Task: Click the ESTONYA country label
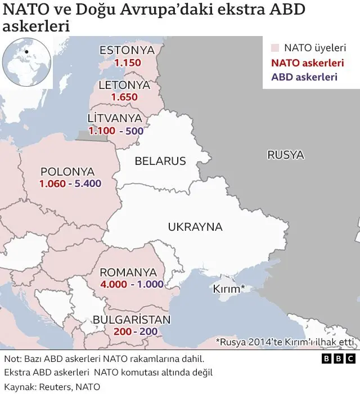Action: [x=127, y=51]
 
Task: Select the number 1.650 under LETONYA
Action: [x=124, y=97]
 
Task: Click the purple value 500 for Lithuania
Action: [x=134, y=131]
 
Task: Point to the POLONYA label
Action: [x=68, y=171]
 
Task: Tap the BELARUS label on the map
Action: [x=160, y=162]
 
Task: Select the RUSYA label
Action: [x=285, y=155]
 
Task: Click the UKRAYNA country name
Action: [x=195, y=227]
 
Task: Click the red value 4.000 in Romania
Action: [x=114, y=284]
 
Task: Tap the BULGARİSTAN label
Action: [x=131, y=320]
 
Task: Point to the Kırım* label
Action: [x=228, y=289]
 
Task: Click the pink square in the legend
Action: [x=275, y=48]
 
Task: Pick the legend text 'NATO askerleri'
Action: [x=307, y=63]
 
